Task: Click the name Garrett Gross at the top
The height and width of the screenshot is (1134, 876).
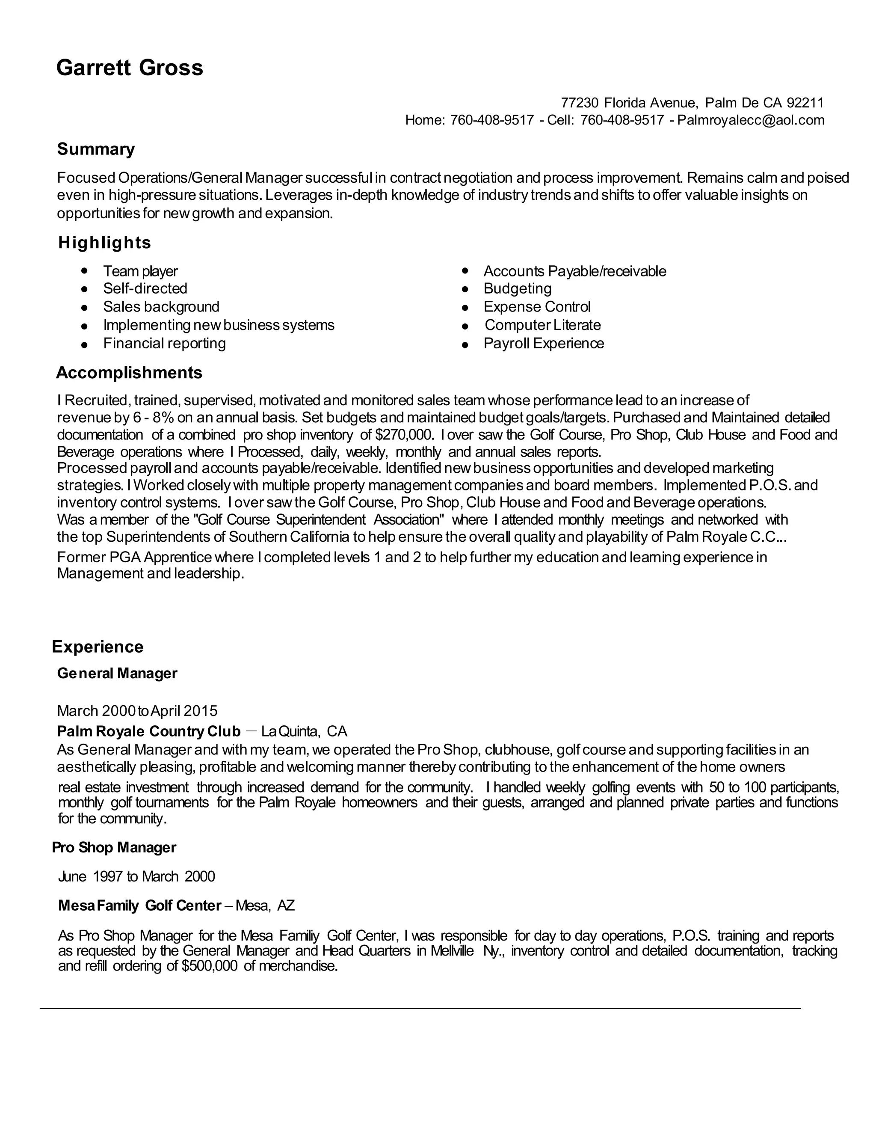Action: click(129, 68)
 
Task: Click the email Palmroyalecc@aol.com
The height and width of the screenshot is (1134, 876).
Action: click(750, 121)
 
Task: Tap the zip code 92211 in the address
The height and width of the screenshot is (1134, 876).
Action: click(805, 102)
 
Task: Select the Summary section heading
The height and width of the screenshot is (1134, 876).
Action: click(95, 149)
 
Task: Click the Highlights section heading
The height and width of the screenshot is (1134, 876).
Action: click(104, 243)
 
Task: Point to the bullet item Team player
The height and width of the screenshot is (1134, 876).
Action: click(140, 271)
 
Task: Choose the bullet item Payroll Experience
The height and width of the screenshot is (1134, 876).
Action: click(543, 344)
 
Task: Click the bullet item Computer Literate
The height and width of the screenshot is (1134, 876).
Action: click(542, 326)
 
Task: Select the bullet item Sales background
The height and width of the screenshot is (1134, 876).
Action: click(161, 307)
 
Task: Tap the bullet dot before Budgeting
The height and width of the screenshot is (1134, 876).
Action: click(465, 289)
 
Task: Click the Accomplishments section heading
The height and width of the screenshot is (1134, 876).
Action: click(129, 373)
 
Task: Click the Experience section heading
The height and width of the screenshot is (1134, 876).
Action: click(98, 647)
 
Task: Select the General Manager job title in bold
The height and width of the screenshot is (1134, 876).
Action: click(117, 674)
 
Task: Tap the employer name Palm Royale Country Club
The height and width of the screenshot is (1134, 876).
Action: click(148, 732)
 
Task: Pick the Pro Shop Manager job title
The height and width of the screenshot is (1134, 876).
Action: click(114, 847)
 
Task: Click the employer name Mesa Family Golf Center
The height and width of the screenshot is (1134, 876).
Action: click(139, 905)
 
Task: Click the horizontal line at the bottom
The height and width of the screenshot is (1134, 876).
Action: click(420, 1008)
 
